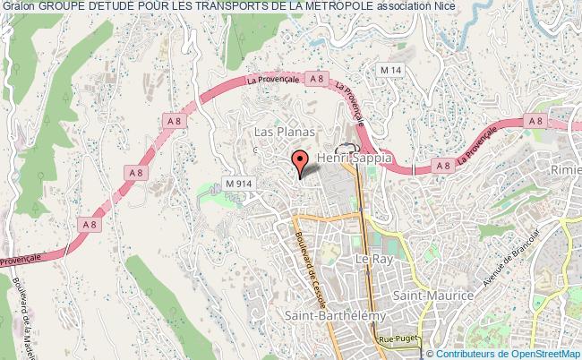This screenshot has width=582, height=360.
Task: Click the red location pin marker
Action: [x=299, y=162]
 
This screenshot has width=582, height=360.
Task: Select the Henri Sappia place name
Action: [x=355, y=157]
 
